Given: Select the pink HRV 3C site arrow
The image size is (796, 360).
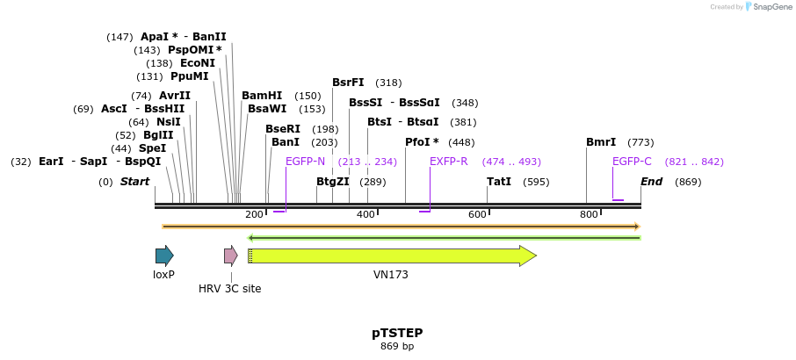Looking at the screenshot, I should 230,256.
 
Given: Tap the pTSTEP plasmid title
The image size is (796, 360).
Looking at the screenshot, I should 397,333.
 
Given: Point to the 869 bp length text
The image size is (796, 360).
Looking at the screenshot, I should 397,347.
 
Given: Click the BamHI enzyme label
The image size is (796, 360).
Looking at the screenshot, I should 262,96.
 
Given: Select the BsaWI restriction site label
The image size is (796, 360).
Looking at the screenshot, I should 267,109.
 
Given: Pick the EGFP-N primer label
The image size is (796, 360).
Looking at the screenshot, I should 305,162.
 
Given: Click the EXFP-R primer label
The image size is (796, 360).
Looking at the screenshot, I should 448,162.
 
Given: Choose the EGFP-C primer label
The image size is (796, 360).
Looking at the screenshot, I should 632,162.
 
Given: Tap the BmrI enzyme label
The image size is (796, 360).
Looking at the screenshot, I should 601,142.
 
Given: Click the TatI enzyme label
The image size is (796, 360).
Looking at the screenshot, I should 499,182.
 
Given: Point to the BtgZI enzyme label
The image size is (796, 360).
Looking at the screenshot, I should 333,182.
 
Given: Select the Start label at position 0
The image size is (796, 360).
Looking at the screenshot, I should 134,182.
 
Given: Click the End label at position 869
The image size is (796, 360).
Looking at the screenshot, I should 651,182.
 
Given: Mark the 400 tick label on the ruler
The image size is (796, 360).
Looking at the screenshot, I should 365,215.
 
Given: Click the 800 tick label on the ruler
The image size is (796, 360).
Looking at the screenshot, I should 589,215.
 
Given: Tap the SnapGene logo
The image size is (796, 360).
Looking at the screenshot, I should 765,7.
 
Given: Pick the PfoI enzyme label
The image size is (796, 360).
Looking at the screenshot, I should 422,142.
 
